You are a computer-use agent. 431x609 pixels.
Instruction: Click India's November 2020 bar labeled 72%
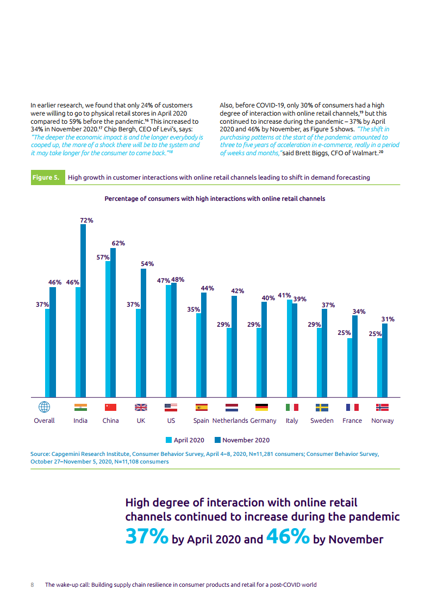pos(83,310)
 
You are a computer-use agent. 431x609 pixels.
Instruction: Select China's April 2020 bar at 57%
pos(108,329)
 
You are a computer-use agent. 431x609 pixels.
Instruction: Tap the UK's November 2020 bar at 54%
pos(143,333)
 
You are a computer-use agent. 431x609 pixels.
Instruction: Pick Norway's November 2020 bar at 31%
pos(385,360)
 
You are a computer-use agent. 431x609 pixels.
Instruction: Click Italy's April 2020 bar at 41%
pos(289,348)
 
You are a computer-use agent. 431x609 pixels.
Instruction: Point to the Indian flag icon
pos(80,407)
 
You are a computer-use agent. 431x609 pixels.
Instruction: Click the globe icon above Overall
pos(45,407)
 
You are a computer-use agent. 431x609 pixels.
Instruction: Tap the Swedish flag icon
pos(322,407)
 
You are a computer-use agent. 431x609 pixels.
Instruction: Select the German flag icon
pos(262,407)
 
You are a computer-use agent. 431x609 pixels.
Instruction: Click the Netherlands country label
pos(230,421)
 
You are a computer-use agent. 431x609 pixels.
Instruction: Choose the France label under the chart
pos(352,421)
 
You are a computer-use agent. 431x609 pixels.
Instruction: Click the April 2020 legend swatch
pos(169,440)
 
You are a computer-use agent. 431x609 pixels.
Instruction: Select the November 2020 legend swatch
pos(218,440)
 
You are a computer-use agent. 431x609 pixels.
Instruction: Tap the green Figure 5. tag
pos(48,177)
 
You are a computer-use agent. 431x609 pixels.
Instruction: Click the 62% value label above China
pos(118,243)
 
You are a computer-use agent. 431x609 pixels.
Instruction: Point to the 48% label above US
pos(178,280)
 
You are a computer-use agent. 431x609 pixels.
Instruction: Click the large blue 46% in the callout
pos(288,536)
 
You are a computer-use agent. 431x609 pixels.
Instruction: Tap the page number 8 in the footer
pos(32,585)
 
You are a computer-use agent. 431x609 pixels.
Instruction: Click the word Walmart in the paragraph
pos(365,153)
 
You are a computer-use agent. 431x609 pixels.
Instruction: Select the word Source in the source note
pos(40,454)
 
